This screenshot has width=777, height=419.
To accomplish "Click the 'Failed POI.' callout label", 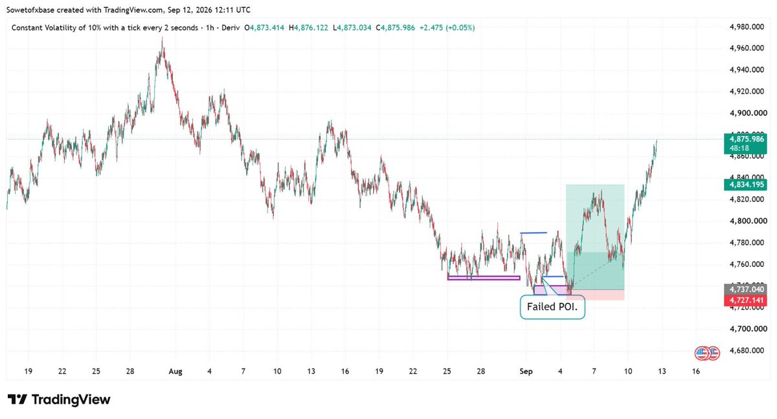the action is click(552, 306).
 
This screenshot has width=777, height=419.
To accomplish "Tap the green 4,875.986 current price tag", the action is click(745, 143).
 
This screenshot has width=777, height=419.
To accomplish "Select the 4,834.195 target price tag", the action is click(745, 185).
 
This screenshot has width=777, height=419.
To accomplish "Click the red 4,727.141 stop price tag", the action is click(745, 300).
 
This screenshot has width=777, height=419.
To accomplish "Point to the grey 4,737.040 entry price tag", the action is click(745, 289).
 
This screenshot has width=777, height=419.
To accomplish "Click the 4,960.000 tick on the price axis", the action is click(747, 48).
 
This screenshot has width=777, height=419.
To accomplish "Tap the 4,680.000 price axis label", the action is click(747, 350).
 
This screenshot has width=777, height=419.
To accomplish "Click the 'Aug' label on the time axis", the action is click(175, 372).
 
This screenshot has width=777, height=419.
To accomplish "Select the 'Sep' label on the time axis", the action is click(526, 372).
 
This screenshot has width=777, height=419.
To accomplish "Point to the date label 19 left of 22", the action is click(28, 371).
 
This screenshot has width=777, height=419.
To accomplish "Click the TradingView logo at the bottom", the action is click(59, 400).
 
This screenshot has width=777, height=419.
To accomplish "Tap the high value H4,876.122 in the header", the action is click(308, 28).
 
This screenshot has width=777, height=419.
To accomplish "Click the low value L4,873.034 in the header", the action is click(352, 28).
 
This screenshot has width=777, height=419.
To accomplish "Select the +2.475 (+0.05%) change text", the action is click(447, 28).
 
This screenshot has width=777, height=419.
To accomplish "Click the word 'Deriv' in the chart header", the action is click(231, 28).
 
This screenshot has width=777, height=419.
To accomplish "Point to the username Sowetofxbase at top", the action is click(30, 10).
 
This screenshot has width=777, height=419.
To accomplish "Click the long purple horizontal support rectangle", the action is click(484, 278).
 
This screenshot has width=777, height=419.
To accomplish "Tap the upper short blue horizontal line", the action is click(534, 232).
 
